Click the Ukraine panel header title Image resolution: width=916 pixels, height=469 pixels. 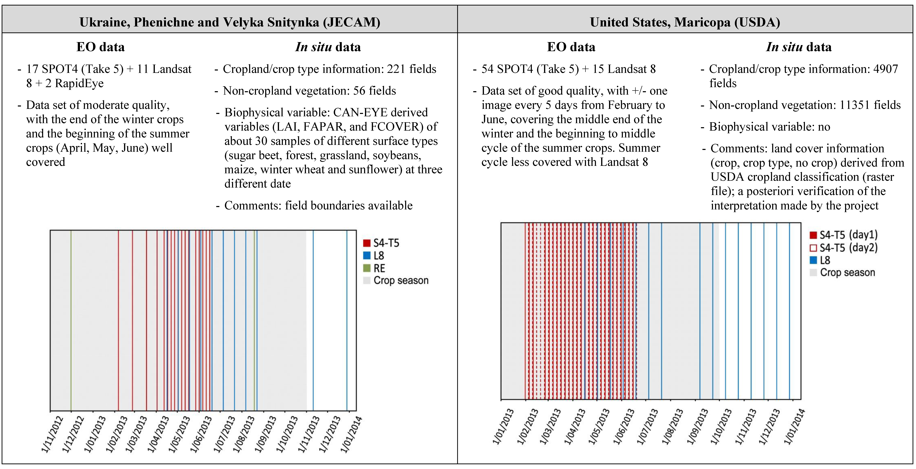click(x=230, y=22)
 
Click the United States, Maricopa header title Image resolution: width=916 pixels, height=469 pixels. click(x=685, y=22)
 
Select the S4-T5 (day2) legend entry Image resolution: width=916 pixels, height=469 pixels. click(x=848, y=248)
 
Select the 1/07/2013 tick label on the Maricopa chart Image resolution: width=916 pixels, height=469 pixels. click(x=647, y=427)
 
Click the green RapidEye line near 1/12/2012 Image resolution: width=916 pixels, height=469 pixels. click(x=71, y=320)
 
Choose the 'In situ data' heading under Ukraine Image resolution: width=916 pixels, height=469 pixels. click(x=328, y=47)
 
